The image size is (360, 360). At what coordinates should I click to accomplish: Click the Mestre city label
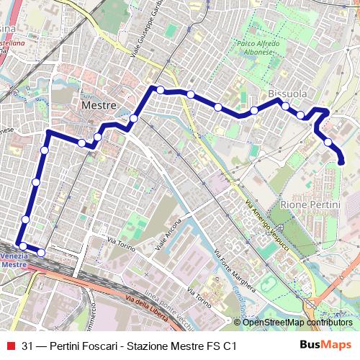pos(99,105)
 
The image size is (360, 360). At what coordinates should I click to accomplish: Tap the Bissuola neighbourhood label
pos(287,94)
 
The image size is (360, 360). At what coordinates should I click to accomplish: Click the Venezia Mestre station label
pos(14,260)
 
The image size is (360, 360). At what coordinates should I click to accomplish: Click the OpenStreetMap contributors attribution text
pos(297,322)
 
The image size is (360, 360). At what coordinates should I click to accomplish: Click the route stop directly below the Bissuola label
pos(286,107)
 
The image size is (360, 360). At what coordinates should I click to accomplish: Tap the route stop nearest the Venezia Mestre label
pos(23,246)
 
